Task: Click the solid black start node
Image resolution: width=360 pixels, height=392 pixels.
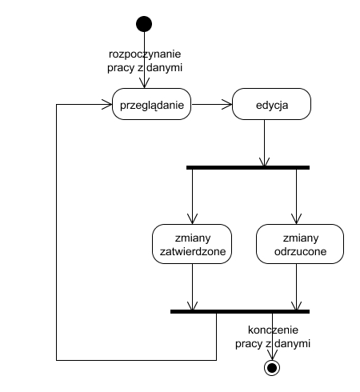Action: coord(144,24)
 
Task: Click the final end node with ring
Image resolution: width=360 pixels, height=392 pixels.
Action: coord(272,368)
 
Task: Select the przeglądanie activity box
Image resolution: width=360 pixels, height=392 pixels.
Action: coord(151,104)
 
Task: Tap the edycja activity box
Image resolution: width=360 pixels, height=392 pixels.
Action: coord(271,104)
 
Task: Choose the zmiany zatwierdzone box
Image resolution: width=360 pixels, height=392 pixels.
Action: coord(192,244)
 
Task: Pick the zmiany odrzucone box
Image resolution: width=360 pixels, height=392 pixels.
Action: coord(300,244)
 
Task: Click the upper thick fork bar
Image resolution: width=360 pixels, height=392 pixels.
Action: coord(248,167)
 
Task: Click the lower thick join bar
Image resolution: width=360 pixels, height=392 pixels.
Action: coord(240,311)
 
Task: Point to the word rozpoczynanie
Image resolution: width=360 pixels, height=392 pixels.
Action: coord(145,54)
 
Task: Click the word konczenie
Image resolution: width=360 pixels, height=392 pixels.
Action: coord(273,330)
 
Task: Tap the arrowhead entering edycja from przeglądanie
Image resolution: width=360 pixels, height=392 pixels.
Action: coord(227,104)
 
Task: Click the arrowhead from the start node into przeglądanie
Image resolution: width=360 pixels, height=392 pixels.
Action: coord(144,83)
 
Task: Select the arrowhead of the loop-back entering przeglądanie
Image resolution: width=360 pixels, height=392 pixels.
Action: coord(107,104)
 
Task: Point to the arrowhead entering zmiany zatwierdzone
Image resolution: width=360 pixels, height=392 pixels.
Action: coord(192,219)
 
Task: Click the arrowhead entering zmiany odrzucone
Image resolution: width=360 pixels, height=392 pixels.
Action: coord(296,219)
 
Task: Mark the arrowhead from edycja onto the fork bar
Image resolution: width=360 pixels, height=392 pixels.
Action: coord(264,162)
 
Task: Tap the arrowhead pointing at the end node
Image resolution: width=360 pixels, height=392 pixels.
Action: coord(272,355)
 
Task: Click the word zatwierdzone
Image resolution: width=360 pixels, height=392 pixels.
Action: coord(193,251)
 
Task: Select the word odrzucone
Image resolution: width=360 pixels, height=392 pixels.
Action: coord(300,251)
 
